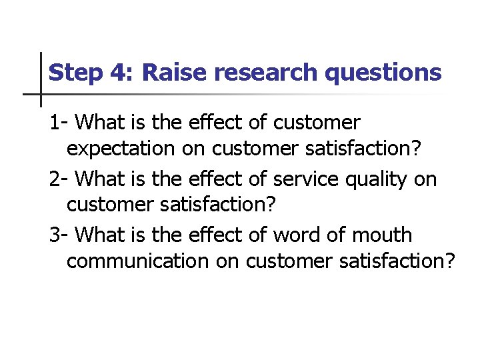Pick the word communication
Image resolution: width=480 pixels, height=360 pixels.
[137, 261]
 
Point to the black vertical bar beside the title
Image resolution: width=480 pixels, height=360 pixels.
[41, 79]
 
